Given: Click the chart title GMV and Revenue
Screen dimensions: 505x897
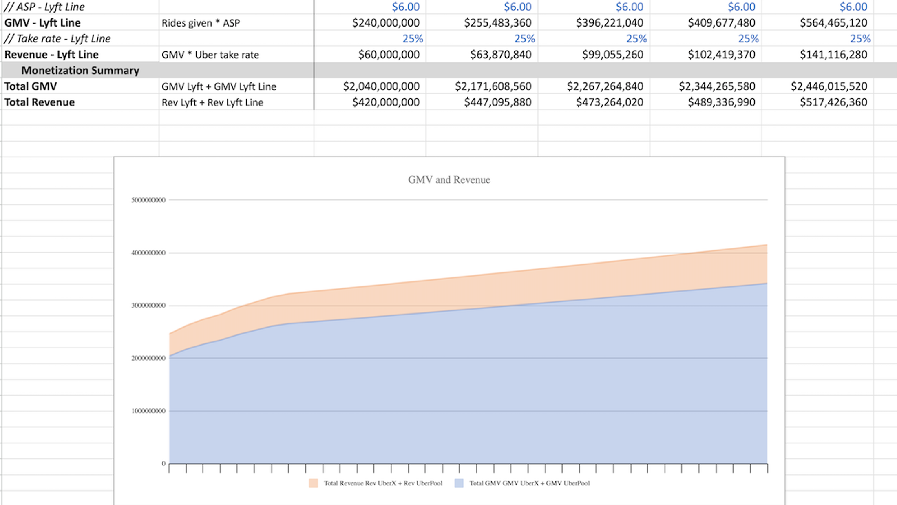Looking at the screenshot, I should [x=449, y=180].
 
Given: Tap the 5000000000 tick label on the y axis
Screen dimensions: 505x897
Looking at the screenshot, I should [x=148, y=200].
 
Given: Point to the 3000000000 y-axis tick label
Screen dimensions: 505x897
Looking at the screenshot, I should [x=148, y=306].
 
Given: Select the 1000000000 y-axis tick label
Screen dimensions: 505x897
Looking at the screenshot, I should [x=148, y=411].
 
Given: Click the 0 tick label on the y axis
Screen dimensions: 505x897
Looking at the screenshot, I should [x=163, y=463].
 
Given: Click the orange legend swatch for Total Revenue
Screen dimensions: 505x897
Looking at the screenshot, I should [x=313, y=483].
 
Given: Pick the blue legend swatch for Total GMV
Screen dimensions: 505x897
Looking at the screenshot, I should [x=459, y=483].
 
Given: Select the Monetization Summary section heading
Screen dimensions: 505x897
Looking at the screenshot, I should [x=80, y=71].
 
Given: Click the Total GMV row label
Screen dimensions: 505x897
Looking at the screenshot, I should [x=31, y=86].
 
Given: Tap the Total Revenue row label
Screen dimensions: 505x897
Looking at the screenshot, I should [x=40, y=102].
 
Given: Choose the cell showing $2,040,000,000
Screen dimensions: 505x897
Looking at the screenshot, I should [x=381, y=86].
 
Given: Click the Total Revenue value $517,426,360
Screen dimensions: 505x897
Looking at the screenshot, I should [x=833, y=102].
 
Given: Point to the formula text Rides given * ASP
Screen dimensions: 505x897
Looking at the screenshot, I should [x=201, y=23].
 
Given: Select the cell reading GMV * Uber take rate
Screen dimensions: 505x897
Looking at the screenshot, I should [x=210, y=55].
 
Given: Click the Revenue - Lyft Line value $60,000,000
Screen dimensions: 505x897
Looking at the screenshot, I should [x=389, y=55].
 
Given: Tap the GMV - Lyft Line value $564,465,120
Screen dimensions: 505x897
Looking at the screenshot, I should [x=833, y=23].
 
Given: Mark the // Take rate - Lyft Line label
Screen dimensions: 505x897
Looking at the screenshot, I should [x=57, y=39].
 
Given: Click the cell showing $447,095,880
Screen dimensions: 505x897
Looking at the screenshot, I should [x=497, y=102].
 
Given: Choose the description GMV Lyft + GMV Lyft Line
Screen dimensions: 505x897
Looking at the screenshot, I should [x=219, y=86].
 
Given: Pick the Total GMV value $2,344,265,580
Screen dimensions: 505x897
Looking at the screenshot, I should [x=717, y=86].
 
